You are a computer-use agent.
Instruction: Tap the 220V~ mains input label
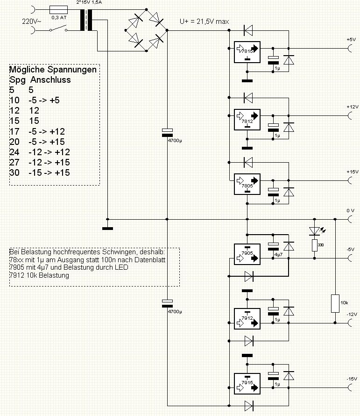32,21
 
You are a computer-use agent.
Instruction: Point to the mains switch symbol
60,30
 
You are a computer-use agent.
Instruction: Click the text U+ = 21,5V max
204,22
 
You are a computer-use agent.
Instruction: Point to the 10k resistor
335,303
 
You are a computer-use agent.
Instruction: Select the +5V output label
351,39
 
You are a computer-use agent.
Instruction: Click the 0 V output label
350,211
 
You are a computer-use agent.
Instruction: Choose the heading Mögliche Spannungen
53,70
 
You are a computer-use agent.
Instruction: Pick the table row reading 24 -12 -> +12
39,152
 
